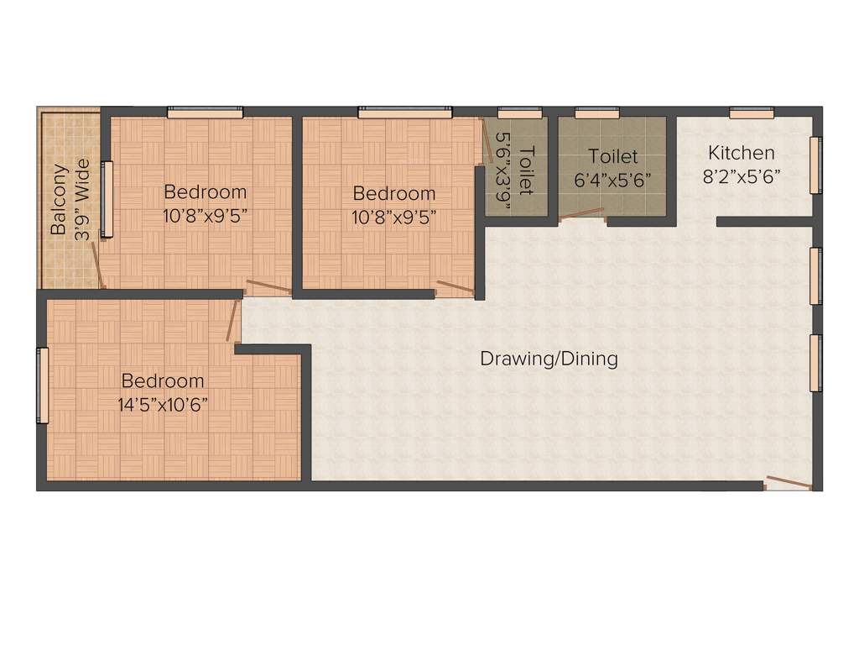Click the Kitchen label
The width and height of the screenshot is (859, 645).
click(x=741, y=153)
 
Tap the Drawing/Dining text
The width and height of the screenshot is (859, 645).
click(x=549, y=359)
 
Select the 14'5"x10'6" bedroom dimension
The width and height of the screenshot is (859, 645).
click(x=163, y=403)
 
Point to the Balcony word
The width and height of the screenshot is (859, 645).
click(x=59, y=197)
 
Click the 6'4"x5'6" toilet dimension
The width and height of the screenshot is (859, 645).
click(x=612, y=179)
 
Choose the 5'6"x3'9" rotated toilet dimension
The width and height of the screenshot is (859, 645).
click(x=504, y=163)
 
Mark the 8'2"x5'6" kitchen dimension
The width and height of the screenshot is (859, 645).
click(x=741, y=177)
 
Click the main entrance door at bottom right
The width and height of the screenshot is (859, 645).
click(x=789, y=483)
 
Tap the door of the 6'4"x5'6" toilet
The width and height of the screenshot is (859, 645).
click(x=581, y=213)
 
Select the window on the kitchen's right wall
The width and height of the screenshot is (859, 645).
click(x=815, y=165)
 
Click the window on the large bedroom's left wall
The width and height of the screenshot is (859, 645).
click(x=42, y=385)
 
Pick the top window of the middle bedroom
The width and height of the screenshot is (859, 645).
click(x=404, y=112)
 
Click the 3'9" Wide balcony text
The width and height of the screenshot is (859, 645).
click(x=81, y=198)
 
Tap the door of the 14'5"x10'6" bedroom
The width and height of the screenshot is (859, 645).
click(x=232, y=320)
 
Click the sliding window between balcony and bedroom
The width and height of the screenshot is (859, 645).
click(x=106, y=198)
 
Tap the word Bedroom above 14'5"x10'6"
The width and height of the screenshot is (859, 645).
click(x=163, y=380)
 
